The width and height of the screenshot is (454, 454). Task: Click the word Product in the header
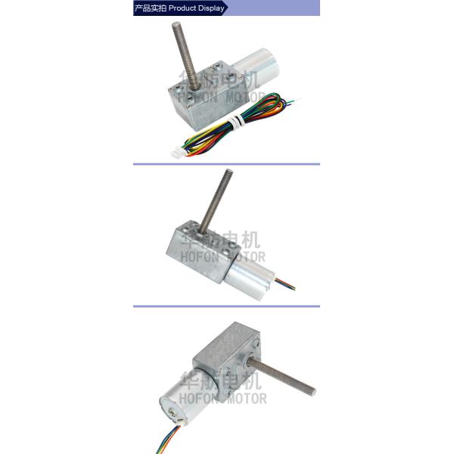coord(182,8)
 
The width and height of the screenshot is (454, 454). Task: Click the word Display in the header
coord(210,8)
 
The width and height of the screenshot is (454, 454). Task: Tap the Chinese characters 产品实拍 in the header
coord(151,8)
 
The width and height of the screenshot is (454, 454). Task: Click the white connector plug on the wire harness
coord(176,153)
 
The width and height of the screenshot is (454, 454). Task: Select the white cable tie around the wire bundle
coord(235,121)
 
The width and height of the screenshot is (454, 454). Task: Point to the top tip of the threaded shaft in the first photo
coord(176,23)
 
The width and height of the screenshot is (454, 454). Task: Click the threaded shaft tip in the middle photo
coord(229,172)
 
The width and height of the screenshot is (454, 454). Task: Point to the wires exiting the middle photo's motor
coord(285,284)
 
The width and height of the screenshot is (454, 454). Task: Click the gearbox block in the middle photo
coord(203,252)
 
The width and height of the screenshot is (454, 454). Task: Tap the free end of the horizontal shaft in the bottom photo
coord(313,392)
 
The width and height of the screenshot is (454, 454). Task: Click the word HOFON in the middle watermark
coord(199,257)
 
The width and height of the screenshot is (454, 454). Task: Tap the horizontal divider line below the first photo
coord(226,164)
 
